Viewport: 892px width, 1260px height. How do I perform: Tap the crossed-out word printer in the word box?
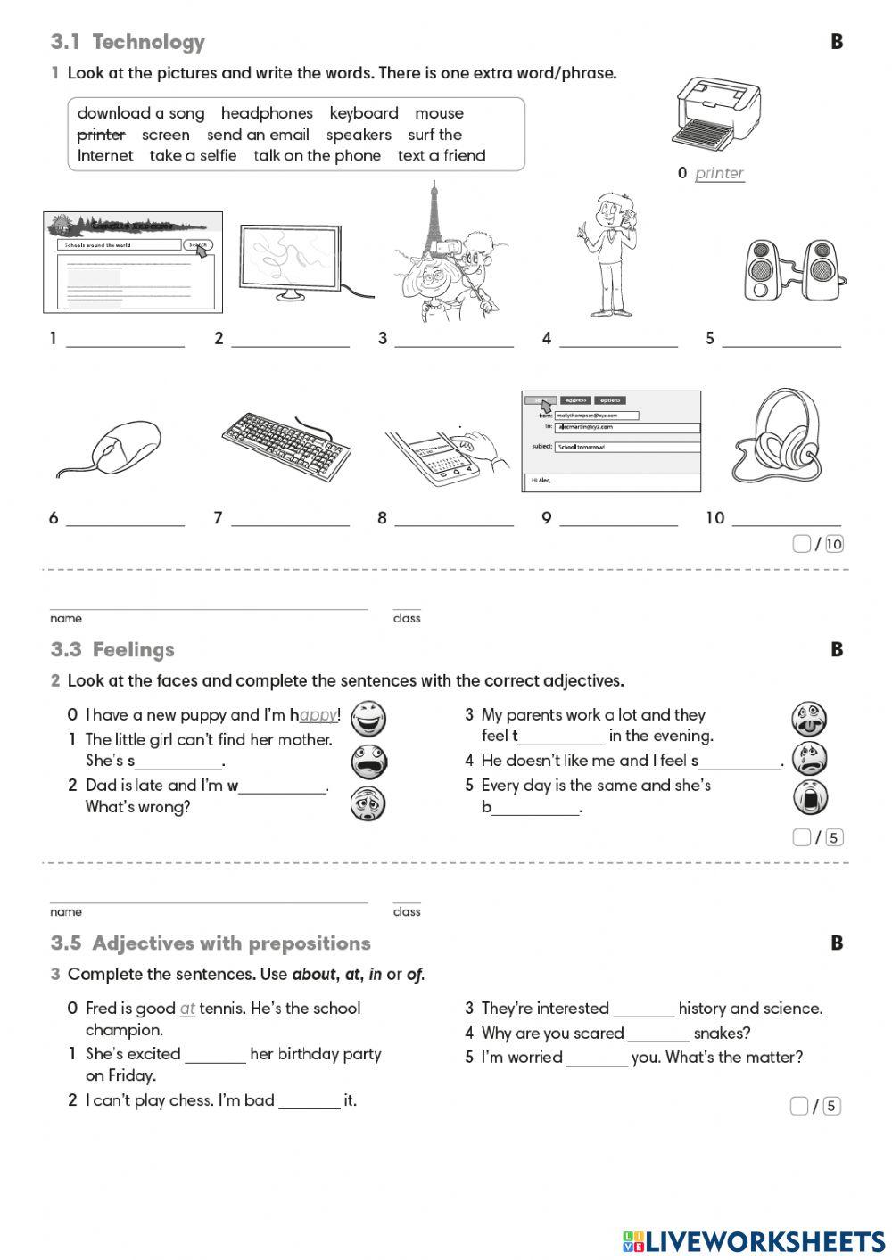(101, 135)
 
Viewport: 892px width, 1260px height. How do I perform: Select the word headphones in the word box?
(267, 113)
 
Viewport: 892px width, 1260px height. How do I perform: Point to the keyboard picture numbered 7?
(285, 446)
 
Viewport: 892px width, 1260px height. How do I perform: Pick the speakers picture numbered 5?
(791, 269)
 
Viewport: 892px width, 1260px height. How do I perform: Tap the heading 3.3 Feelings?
(112, 650)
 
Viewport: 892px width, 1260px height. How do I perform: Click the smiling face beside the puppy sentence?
(368, 717)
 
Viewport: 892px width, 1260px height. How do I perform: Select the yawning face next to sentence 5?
(810, 797)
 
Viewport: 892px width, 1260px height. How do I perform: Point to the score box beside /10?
(801, 544)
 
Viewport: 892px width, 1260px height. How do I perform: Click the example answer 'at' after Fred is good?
(187, 1009)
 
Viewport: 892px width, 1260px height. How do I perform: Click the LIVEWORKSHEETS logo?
(753, 1241)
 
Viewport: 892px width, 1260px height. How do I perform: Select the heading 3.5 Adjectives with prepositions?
(211, 943)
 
